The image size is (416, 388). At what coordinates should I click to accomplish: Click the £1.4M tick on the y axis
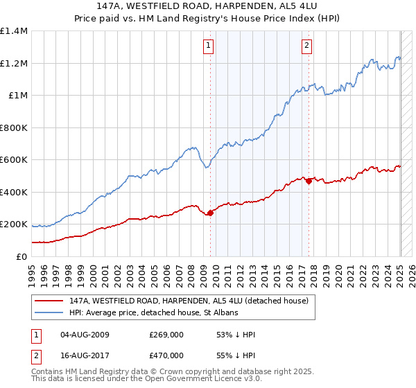[x=15, y=31]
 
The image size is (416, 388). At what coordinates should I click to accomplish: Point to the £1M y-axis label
[x=19, y=96]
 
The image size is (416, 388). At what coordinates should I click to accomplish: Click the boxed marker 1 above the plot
[x=209, y=46]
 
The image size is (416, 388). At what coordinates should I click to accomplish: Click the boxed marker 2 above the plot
[x=306, y=46]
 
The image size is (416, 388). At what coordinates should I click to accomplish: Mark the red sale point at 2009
[x=211, y=213]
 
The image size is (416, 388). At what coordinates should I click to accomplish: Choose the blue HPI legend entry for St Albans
[x=154, y=312]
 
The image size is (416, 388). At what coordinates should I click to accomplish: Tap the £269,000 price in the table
[x=166, y=335]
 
